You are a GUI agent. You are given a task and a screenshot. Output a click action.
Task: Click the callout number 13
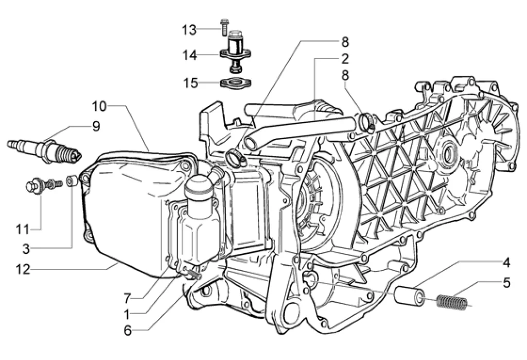pos(189,30)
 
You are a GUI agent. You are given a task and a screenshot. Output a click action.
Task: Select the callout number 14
pos(189,55)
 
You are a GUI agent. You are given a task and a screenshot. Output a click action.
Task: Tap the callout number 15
pos(191,83)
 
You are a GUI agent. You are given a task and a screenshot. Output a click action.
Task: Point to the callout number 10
pos(99,106)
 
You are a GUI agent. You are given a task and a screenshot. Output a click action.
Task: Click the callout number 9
pos(96,127)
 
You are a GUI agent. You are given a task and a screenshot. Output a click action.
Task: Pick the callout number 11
pos(23,230)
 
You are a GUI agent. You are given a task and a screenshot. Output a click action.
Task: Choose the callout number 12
pos(23,269)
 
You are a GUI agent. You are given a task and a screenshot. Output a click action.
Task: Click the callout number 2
pos(345,59)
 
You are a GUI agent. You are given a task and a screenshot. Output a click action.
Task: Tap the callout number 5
pos(506,283)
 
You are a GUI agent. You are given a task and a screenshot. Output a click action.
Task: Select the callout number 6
pos(128,331)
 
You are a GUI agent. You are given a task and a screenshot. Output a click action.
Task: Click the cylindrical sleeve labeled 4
pos(408,294)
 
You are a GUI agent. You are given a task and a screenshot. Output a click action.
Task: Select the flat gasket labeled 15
pos(237,83)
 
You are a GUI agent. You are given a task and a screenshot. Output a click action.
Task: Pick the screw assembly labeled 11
pos(44,185)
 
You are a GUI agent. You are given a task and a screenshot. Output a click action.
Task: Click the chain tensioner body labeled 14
pos(236,51)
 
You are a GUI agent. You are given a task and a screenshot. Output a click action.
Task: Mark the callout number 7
pos(127,298)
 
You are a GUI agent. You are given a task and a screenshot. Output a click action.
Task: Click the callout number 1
pos(127,315)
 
